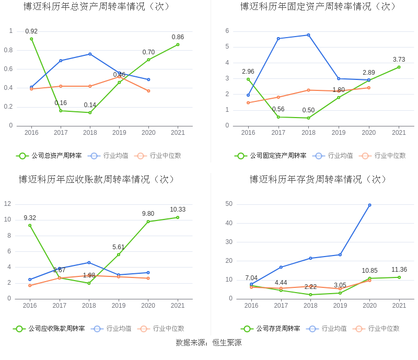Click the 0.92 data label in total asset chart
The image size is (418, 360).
pos(31,31)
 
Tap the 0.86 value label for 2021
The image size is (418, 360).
pos(178,37)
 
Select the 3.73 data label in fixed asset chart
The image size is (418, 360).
pos(399,60)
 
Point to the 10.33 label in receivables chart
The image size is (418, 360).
pos(178,210)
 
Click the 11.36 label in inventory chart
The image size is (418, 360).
pos(399,270)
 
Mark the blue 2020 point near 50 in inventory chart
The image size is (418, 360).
pos(369,205)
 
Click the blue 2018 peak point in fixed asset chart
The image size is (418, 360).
pos(308,35)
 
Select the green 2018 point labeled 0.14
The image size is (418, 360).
pos(90,112)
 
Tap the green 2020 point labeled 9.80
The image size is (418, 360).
pos(148,222)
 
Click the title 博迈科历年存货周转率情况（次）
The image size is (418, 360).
pos(319,180)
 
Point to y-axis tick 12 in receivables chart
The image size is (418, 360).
pos(8,204)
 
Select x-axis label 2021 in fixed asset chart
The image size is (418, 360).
pos(399,133)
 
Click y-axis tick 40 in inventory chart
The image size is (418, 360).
pos(229,223)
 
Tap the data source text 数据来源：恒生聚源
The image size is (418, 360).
pos(208,343)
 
